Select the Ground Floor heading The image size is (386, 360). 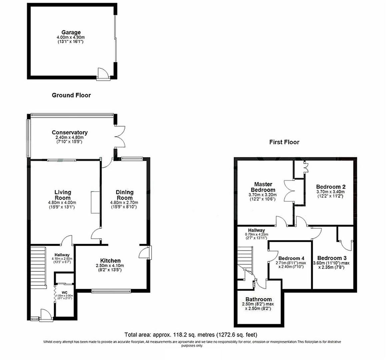tap(71, 95)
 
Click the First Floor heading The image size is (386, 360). tap(284, 142)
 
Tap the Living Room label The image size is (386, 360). tap(63, 195)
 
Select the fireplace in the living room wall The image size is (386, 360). tap(95, 202)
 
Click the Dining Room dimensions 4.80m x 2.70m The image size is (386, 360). tap(124, 203)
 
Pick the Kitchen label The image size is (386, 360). tap(110, 261)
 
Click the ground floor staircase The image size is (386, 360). tap(38, 268)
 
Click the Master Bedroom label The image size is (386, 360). tap(263, 187)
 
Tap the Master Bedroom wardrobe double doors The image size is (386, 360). tap(289, 190)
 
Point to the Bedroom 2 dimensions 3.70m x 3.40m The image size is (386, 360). tap(330, 192)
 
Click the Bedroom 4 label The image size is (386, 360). tap(291, 258)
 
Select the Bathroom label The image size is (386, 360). tap(258, 299)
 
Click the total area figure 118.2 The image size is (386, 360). tap(179, 334)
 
